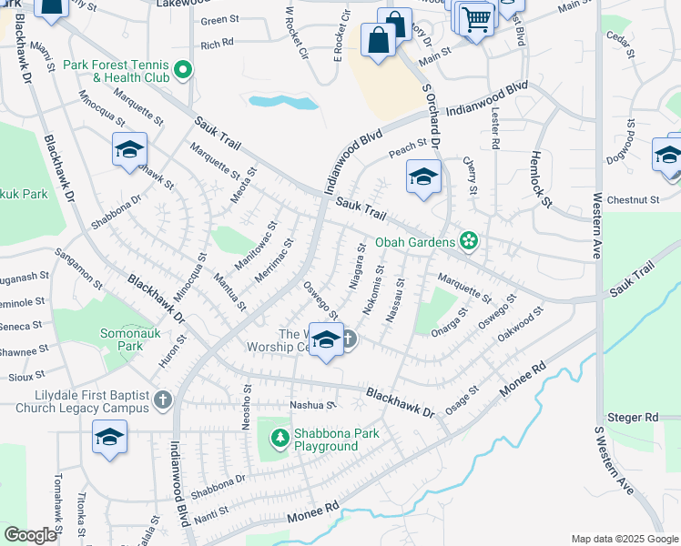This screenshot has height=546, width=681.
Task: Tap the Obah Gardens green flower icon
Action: coord(469,241)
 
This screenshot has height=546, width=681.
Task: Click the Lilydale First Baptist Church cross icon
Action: coord(162,399)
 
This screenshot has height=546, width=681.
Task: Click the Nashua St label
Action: coord(313,405)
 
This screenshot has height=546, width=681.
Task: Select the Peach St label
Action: coord(408,146)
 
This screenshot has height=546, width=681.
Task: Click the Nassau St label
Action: coord(397,297)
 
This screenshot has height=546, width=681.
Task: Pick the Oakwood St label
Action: coord(520,325)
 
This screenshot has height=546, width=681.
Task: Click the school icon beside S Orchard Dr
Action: coord(423,178)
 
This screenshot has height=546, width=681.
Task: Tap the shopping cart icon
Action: coord(476,18)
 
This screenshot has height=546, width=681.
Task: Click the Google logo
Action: coord(30,535)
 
